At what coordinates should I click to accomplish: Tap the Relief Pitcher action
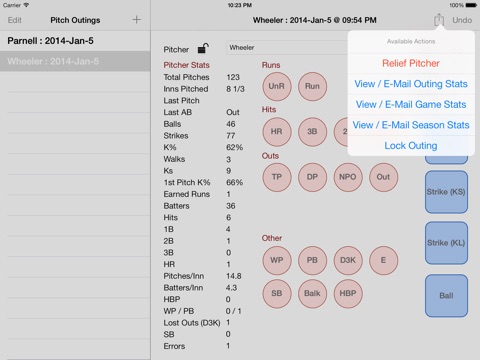coord(411,63)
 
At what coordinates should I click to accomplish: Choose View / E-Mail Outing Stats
coord(411,84)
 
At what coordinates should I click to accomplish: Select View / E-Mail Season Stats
coord(411,125)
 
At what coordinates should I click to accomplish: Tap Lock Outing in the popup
coord(411,146)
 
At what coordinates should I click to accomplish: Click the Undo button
coord(462,20)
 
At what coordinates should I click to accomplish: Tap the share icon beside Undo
coord(439,20)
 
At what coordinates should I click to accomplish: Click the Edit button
coord(15,20)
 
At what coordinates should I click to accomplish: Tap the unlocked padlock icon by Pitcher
coord(203,49)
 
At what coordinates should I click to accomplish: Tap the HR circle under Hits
coord(277,132)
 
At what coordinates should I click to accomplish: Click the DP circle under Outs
coord(312,177)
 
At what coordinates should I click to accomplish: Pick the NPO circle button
coord(348,177)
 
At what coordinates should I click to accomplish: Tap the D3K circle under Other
coord(348,260)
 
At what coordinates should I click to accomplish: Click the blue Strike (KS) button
coord(446,192)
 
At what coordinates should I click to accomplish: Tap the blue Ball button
coord(446,296)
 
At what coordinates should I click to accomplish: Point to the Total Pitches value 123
coord(233,77)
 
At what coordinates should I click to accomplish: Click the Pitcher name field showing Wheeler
coord(287,48)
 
